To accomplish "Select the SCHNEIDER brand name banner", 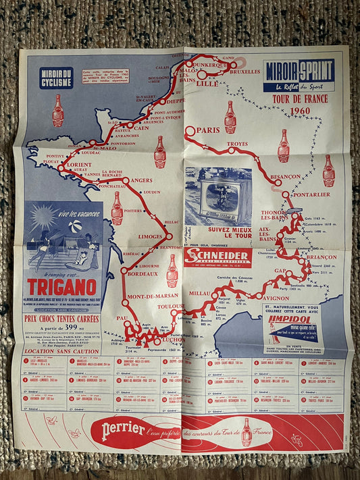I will tap(217, 256).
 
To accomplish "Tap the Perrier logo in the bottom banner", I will tap(122, 429).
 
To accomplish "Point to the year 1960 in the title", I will tap(297, 111).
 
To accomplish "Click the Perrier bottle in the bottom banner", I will tap(247, 432).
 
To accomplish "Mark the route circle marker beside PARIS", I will tap(190, 131).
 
